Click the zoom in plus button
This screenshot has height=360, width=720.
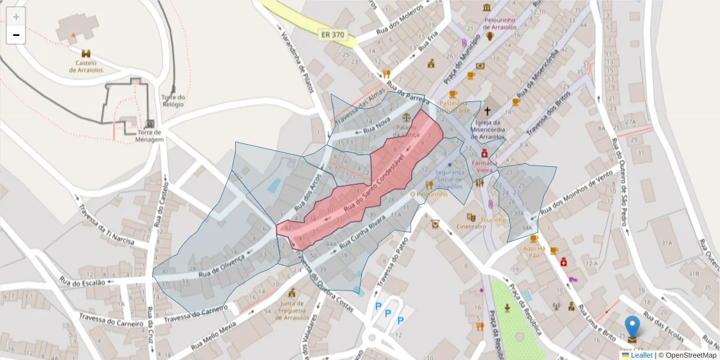coord(16,17)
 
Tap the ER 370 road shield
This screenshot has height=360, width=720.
coord(332,35)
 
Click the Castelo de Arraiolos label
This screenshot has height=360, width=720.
coord(86,66)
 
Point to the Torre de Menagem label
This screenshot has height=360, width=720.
coord(149,136)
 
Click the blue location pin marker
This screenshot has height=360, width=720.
coord(632,328)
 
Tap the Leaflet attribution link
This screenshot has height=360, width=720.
coord(641,355)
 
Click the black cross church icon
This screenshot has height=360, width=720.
coord(487,111)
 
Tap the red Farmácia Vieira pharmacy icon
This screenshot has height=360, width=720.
coord(484,154)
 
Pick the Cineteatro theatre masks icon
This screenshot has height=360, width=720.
coord(472,217)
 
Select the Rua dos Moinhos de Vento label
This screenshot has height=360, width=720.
coord(577,194)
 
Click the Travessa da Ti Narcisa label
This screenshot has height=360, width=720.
coord(113,223)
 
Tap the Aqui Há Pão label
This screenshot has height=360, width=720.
coord(534,251)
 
